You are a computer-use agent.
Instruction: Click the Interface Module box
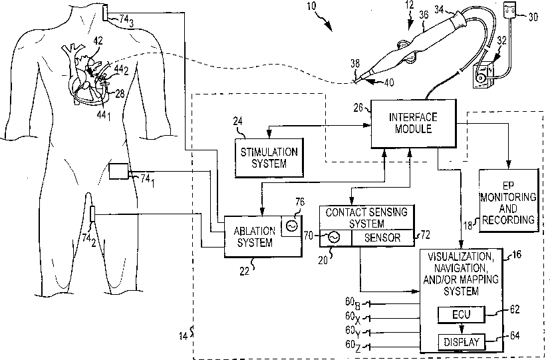tap(414, 124)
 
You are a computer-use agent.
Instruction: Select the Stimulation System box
tap(269, 157)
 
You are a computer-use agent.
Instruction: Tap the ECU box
tap(462, 314)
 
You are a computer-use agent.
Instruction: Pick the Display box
tap(462, 341)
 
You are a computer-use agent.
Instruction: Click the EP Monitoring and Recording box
tap(509, 200)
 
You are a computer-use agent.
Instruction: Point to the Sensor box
tap(382, 238)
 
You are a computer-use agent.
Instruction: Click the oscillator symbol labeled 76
tap(291, 226)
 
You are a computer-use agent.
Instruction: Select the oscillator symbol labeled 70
tap(334, 238)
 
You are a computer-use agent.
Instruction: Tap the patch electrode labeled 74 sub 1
tap(118, 171)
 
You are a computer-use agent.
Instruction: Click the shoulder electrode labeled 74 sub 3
tap(106, 13)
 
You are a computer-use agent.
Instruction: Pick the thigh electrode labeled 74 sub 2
tap(92, 214)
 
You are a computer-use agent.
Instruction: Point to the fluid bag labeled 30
tap(510, 9)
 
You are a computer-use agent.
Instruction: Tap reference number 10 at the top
tap(311, 6)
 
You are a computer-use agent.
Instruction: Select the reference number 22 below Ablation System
tap(245, 271)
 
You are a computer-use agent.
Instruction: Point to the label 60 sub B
tap(352, 303)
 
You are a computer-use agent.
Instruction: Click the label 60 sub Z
tap(353, 346)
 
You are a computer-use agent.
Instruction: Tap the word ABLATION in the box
tap(254, 231)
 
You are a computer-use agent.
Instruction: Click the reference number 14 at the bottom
tap(183, 336)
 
